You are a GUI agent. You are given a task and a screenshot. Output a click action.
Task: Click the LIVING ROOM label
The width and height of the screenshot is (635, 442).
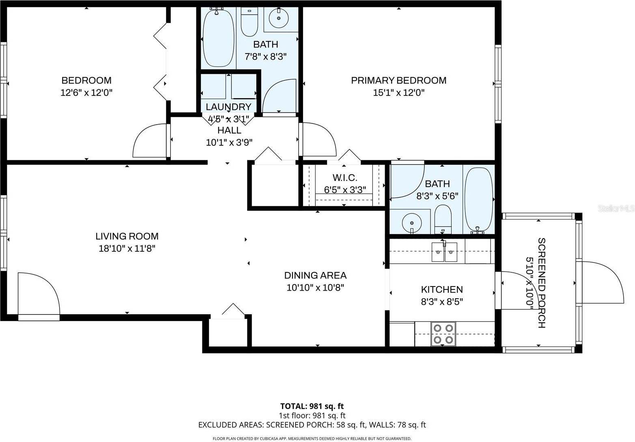click(x=127, y=236)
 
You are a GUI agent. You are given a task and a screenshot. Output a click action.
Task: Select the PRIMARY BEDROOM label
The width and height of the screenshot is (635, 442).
click(x=398, y=80)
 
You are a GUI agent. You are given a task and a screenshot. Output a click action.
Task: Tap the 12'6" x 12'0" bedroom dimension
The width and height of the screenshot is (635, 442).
click(x=86, y=93)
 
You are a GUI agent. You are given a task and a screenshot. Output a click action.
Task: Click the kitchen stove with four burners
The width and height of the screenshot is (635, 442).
click(x=443, y=334)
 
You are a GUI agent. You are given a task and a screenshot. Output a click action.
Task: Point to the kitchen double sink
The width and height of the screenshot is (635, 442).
click(x=444, y=252)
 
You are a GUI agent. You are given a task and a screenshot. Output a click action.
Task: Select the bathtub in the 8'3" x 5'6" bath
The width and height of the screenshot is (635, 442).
click(x=479, y=200)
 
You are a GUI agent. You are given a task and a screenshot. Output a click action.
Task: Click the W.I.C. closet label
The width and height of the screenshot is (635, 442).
click(x=344, y=178)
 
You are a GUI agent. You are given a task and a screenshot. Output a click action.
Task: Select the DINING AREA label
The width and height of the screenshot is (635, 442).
click(x=315, y=276)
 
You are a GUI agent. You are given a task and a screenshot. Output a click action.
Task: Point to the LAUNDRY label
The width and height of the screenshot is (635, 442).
click(x=228, y=107)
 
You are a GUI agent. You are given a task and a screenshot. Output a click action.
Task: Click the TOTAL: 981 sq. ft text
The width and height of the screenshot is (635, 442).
click(x=312, y=406)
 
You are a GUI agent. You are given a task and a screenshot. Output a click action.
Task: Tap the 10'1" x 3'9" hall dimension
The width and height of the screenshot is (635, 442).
click(x=229, y=142)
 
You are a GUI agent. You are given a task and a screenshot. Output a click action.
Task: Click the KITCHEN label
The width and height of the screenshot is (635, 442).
click(x=442, y=289)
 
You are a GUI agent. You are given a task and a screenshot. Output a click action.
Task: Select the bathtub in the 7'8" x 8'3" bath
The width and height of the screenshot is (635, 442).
click(x=218, y=39)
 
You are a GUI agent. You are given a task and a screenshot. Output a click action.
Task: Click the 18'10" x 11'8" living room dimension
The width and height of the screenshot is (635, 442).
click(x=127, y=248)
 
